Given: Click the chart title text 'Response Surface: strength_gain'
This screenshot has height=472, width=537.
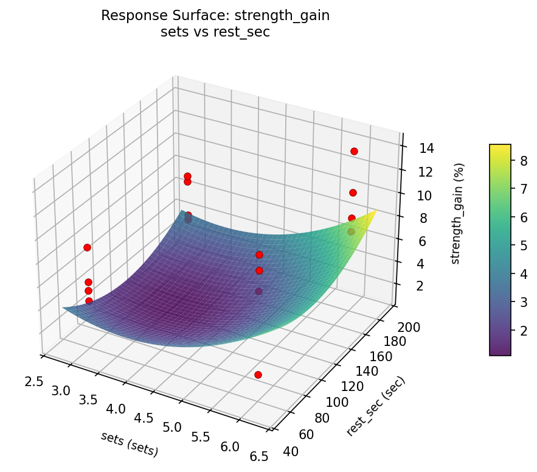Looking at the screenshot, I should tap(215, 16).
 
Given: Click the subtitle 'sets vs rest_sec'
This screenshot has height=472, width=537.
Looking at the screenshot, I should tap(215, 32).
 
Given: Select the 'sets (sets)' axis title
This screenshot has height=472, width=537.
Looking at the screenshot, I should tap(130, 444).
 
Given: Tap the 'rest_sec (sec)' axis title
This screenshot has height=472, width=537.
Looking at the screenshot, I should tap(375, 406).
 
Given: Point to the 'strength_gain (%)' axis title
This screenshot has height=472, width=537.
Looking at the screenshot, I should tap(461, 213).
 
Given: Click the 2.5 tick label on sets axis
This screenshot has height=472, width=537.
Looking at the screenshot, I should tap(34, 381).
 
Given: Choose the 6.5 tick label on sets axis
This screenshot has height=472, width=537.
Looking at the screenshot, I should tap(259, 457).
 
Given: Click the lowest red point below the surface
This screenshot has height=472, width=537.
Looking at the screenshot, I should tap(258, 375).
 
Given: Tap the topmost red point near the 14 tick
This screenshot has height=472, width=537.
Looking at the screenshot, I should tap(354, 151).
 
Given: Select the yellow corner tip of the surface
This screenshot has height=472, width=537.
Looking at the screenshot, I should tap(376, 210).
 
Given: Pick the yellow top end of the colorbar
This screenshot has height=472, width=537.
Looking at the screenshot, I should tap(500, 147).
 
